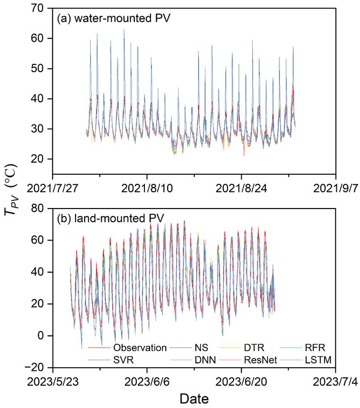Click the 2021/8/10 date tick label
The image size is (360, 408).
(x=147, y=188)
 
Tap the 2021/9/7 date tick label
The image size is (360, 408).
(x=336, y=188)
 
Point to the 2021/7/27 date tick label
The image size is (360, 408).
(x=53, y=188)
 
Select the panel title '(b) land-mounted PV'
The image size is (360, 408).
(x=110, y=219)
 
